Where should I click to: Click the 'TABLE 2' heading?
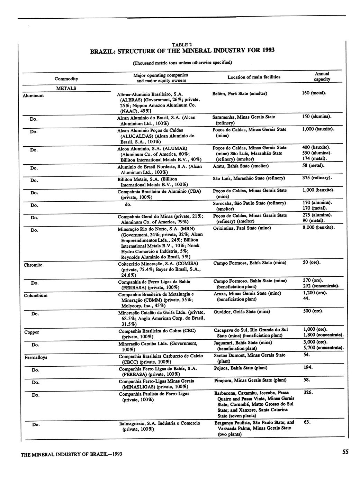coord(182,44)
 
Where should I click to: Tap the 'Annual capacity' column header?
coord(322,76)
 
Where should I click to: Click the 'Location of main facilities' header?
coord(254,77)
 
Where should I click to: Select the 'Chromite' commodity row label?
coord(33,265)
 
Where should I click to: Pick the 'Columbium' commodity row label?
coord(36,295)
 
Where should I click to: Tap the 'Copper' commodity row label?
coord(31,332)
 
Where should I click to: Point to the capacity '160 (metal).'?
coord(314,93)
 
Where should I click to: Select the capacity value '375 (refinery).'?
coord(317,178)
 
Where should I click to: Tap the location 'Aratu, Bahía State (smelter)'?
coord(241,166)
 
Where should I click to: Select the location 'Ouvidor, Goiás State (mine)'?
coord(242,312)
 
